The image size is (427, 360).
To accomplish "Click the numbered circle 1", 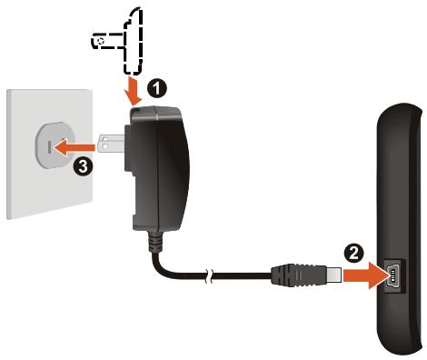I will [x=157, y=88].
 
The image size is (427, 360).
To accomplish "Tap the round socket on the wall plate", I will [x=51, y=146].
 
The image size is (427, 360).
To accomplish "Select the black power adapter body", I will [x=160, y=173].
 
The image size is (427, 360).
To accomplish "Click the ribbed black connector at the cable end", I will [x=300, y=272].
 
